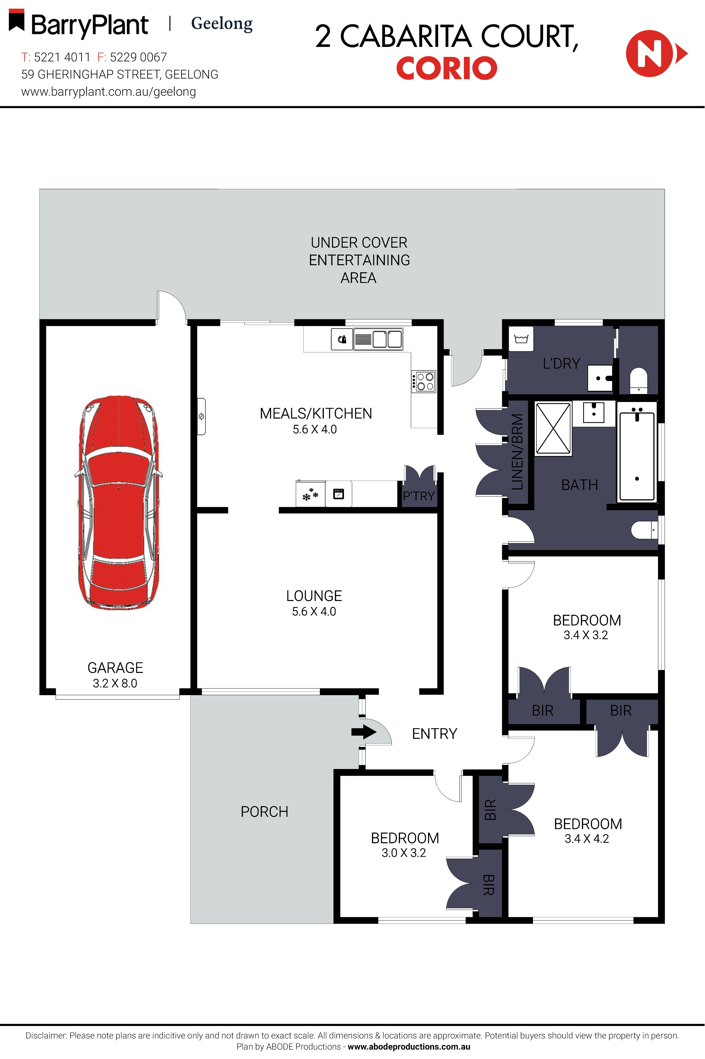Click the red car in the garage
(x=118, y=502)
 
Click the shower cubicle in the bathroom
(x=553, y=429)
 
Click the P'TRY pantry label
(x=419, y=496)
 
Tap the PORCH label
(x=264, y=812)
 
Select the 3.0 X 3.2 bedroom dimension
(x=404, y=853)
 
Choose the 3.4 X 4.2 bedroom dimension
(x=587, y=839)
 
